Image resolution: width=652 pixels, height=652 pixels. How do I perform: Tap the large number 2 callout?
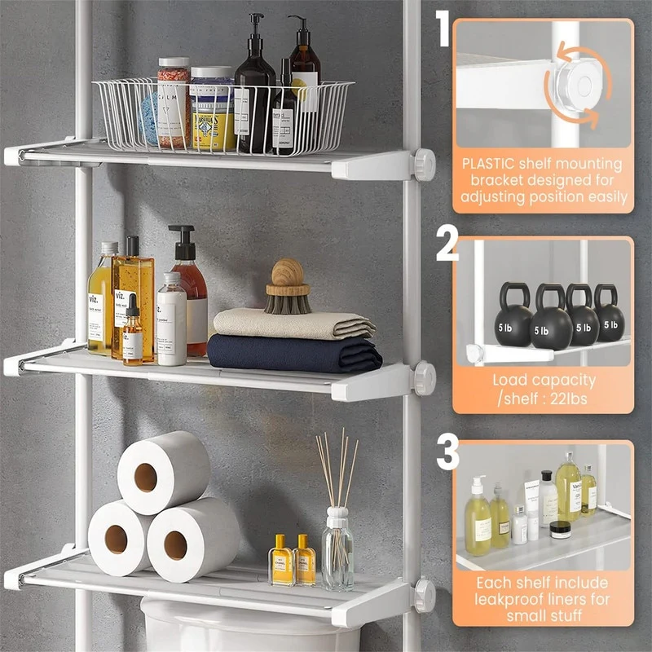pos(447,243)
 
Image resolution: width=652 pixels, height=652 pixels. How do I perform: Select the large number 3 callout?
pos(447,453)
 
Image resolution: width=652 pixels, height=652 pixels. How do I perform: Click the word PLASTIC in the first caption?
pos(488,163)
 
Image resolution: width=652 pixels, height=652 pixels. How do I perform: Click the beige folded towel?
pos(293,324)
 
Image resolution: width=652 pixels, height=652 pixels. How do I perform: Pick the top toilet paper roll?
pos(162,474)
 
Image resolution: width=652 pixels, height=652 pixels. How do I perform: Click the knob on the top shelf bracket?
pos(424,164)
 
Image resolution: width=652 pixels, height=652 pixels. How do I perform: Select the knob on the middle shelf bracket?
pos(424,379)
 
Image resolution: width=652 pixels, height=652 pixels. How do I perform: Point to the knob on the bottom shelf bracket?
pos(424,594)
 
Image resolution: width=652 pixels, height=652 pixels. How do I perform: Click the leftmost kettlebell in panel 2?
pos(513,317)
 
